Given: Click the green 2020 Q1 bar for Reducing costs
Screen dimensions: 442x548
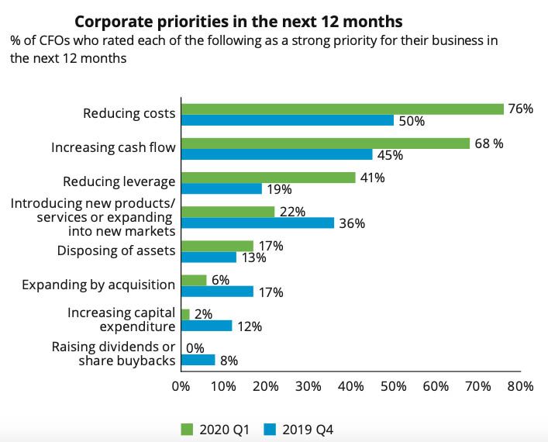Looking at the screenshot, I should [x=342, y=109].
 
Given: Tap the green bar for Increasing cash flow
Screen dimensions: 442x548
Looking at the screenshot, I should [x=325, y=143].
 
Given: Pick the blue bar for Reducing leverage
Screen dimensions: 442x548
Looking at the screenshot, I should [x=221, y=188].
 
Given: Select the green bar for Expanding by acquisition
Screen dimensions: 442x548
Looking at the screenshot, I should [x=194, y=280].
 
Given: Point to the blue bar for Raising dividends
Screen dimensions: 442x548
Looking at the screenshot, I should [x=198, y=360].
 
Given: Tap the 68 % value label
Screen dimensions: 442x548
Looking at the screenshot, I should [x=488, y=143].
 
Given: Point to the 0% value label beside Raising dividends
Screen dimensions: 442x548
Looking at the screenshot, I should [x=195, y=349].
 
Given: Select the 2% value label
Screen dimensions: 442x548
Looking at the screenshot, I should [x=203, y=314].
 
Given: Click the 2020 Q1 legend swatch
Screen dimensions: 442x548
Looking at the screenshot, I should [x=185, y=429].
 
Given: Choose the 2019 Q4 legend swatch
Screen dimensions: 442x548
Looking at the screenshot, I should [x=271, y=429].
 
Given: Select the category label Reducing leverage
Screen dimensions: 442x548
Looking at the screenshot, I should [x=119, y=182].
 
